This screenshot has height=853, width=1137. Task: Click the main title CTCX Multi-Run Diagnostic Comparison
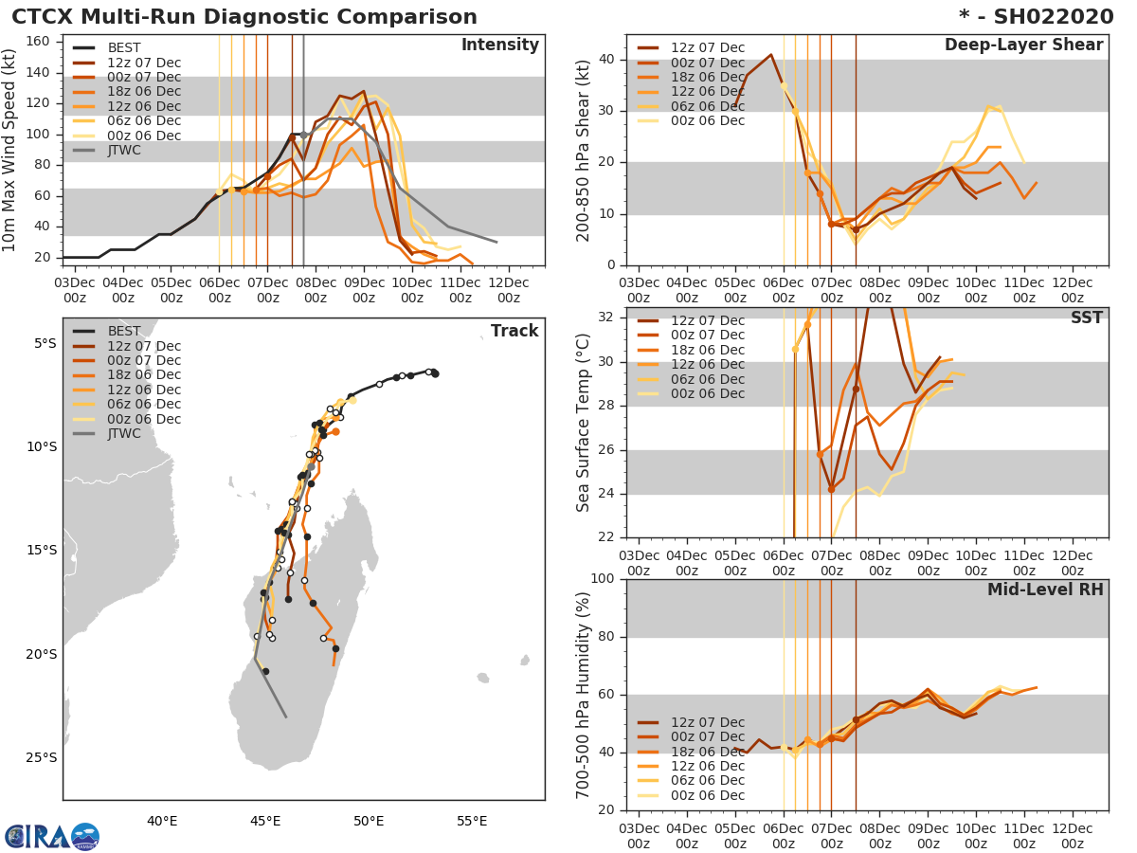244,17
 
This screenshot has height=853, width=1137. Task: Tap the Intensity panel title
499,45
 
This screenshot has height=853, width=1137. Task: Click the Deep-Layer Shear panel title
1023,45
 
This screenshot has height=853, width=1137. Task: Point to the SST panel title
1086,318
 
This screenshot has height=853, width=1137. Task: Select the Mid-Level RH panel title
1045,590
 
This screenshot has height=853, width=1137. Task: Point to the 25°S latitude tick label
41,757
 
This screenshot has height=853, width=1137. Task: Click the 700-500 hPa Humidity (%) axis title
583,695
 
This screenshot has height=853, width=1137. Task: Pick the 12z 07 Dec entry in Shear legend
707,47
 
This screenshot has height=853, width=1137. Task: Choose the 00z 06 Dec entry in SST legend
707,393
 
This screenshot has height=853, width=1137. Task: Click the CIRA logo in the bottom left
52,836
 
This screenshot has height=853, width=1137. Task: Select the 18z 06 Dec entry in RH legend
707,752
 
